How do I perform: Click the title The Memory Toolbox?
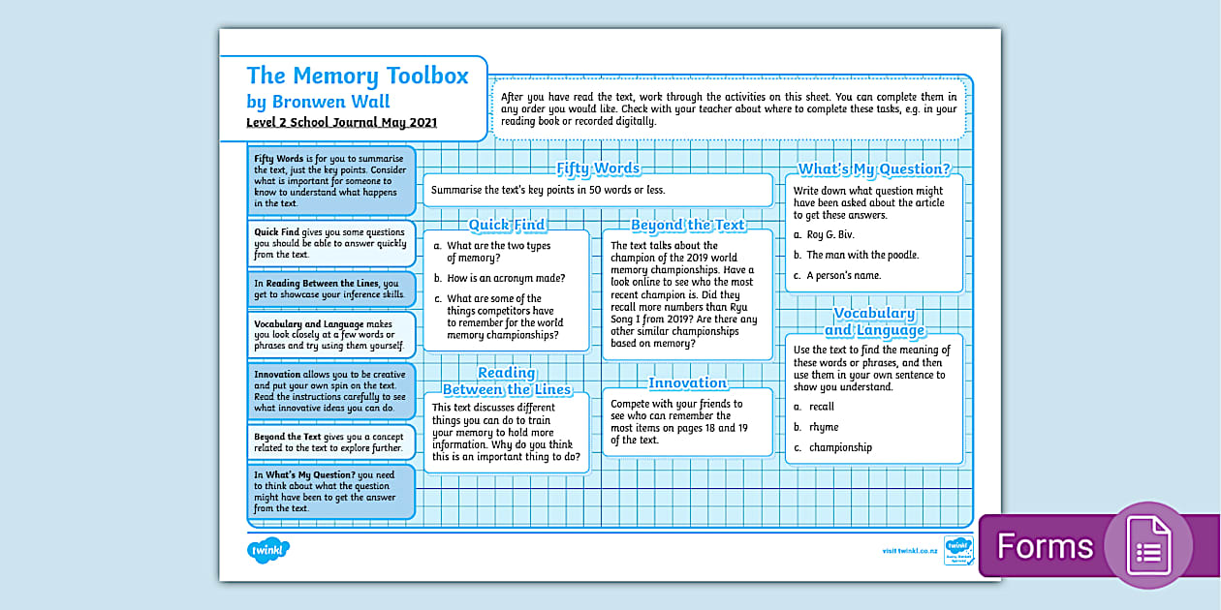pos(357,76)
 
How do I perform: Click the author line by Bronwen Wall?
pos(318,102)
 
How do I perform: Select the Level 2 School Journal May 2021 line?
pos(341,123)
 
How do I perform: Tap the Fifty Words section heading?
pos(598,168)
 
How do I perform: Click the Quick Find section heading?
pos(507,225)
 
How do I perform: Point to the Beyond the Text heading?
pos(687,225)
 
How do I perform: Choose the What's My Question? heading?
pos(874,169)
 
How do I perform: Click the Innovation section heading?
pos(687,382)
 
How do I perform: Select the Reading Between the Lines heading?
pos(507,381)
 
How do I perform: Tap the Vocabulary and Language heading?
pos(874,322)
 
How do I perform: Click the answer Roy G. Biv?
pos(830,234)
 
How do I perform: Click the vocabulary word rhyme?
pos(824,427)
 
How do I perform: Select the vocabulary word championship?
pos(840,447)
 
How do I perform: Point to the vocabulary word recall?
pos(822,407)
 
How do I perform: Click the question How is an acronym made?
pos(506,278)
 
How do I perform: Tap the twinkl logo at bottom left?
pos(268,550)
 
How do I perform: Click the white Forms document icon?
pos(1148,546)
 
